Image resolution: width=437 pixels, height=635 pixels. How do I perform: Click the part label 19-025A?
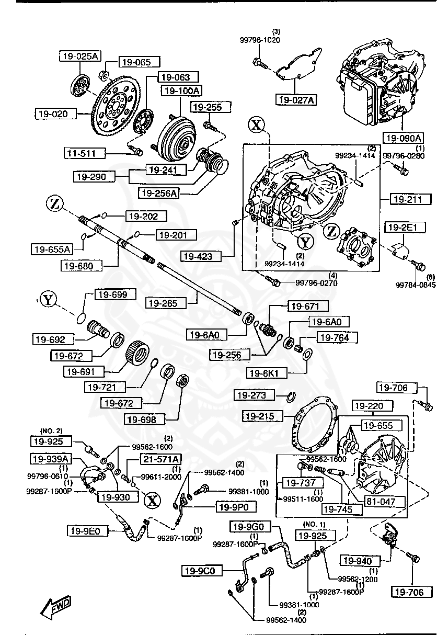click(x=78, y=56)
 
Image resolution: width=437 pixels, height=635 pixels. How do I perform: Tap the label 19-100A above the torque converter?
click(x=181, y=90)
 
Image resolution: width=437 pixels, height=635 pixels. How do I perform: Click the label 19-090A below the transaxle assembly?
click(x=403, y=138)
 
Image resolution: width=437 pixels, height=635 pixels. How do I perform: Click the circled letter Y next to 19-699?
click(x=48, y=300)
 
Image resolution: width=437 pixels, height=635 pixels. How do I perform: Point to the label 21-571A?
click(x=159, y=459)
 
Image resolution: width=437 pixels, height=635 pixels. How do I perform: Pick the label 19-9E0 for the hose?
click(x=87, y=531)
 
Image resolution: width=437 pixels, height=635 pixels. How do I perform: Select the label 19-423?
click(x=201, y=256)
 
